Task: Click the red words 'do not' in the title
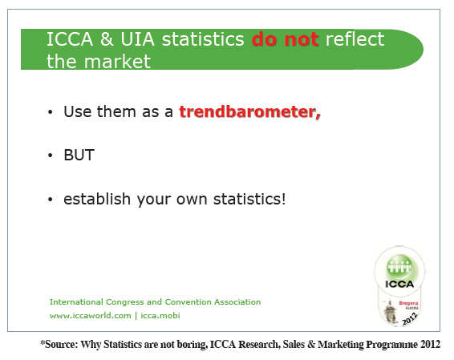[286, 39]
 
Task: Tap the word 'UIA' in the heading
[137, 39]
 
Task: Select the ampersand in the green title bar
[107, 39]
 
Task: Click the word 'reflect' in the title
[355, 39]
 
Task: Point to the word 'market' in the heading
[117, 62]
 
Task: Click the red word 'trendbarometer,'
[250, 111]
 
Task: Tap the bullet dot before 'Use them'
[51, 112]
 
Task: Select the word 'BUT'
[79, 155]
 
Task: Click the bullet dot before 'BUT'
[51, 156]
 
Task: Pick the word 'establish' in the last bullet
[97, 199]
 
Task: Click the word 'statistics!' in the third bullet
[249, 199]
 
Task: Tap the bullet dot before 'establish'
[51, 200]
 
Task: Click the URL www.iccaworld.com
[91, 315]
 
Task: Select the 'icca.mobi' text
[160, 315]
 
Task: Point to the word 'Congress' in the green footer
[125, 302]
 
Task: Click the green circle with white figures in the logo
[399, 266]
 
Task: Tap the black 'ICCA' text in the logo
[399, 284]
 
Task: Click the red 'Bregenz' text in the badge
[408, 303]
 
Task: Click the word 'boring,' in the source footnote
[193, 345]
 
